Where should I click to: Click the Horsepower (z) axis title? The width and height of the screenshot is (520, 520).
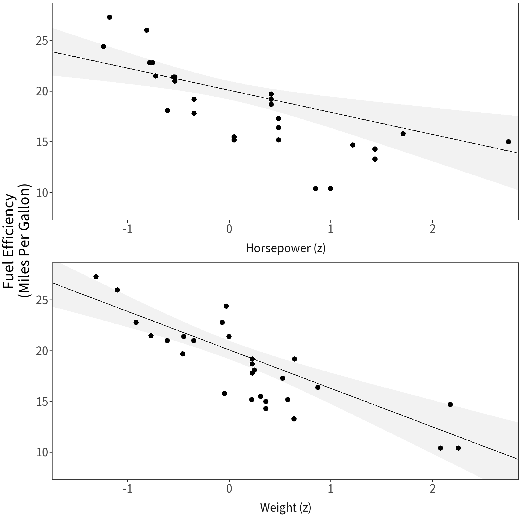[x=285, y=248]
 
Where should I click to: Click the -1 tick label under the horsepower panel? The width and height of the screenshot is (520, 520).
[x=127, y=229]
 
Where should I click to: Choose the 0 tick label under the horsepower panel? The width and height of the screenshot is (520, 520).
[x=229, y=229]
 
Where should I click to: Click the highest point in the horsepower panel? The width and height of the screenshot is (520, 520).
[x=109, y=17]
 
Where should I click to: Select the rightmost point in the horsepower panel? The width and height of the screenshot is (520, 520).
[x=508, y=142]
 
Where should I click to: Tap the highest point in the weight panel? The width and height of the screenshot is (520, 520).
[x=96, y=277]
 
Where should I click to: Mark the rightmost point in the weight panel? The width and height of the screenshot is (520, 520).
[x=458, y=448]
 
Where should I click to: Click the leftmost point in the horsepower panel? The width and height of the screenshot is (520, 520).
[x=103, y=47]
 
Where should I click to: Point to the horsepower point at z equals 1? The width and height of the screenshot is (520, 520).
[x=330, y=188]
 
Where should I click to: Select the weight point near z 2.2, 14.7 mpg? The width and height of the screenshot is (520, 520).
[x=450, y=404]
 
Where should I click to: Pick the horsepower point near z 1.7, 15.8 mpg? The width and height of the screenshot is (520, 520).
[x=403, y=134]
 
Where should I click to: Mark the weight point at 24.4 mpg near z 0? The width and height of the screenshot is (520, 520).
[x=226, y=306]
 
